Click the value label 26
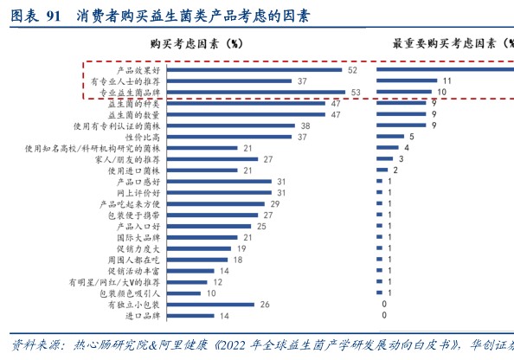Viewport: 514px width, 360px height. (264, 304)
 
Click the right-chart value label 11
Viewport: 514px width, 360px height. (447, 80)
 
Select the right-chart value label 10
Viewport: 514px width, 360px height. (441, 92)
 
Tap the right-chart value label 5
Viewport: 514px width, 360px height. (412, 137)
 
